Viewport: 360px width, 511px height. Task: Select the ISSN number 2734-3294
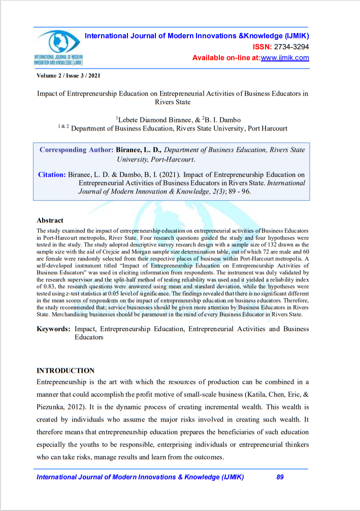[x=291, y=47]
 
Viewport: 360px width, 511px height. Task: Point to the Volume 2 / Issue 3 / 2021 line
[x=69, y=75]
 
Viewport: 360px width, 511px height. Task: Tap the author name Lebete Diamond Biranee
[x=149, y=119]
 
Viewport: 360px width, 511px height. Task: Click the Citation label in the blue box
[x=52, y=175]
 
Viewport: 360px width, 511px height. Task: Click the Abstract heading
[x=50, y=220]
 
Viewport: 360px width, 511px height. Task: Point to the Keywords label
[x=53, y=329]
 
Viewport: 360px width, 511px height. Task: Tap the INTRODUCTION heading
[x=66, y=370]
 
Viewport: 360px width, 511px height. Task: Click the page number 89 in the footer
[x=280, y=477]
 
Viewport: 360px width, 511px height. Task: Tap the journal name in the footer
[x=140, y=477]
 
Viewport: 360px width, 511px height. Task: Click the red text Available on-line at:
[x=226, y=58]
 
